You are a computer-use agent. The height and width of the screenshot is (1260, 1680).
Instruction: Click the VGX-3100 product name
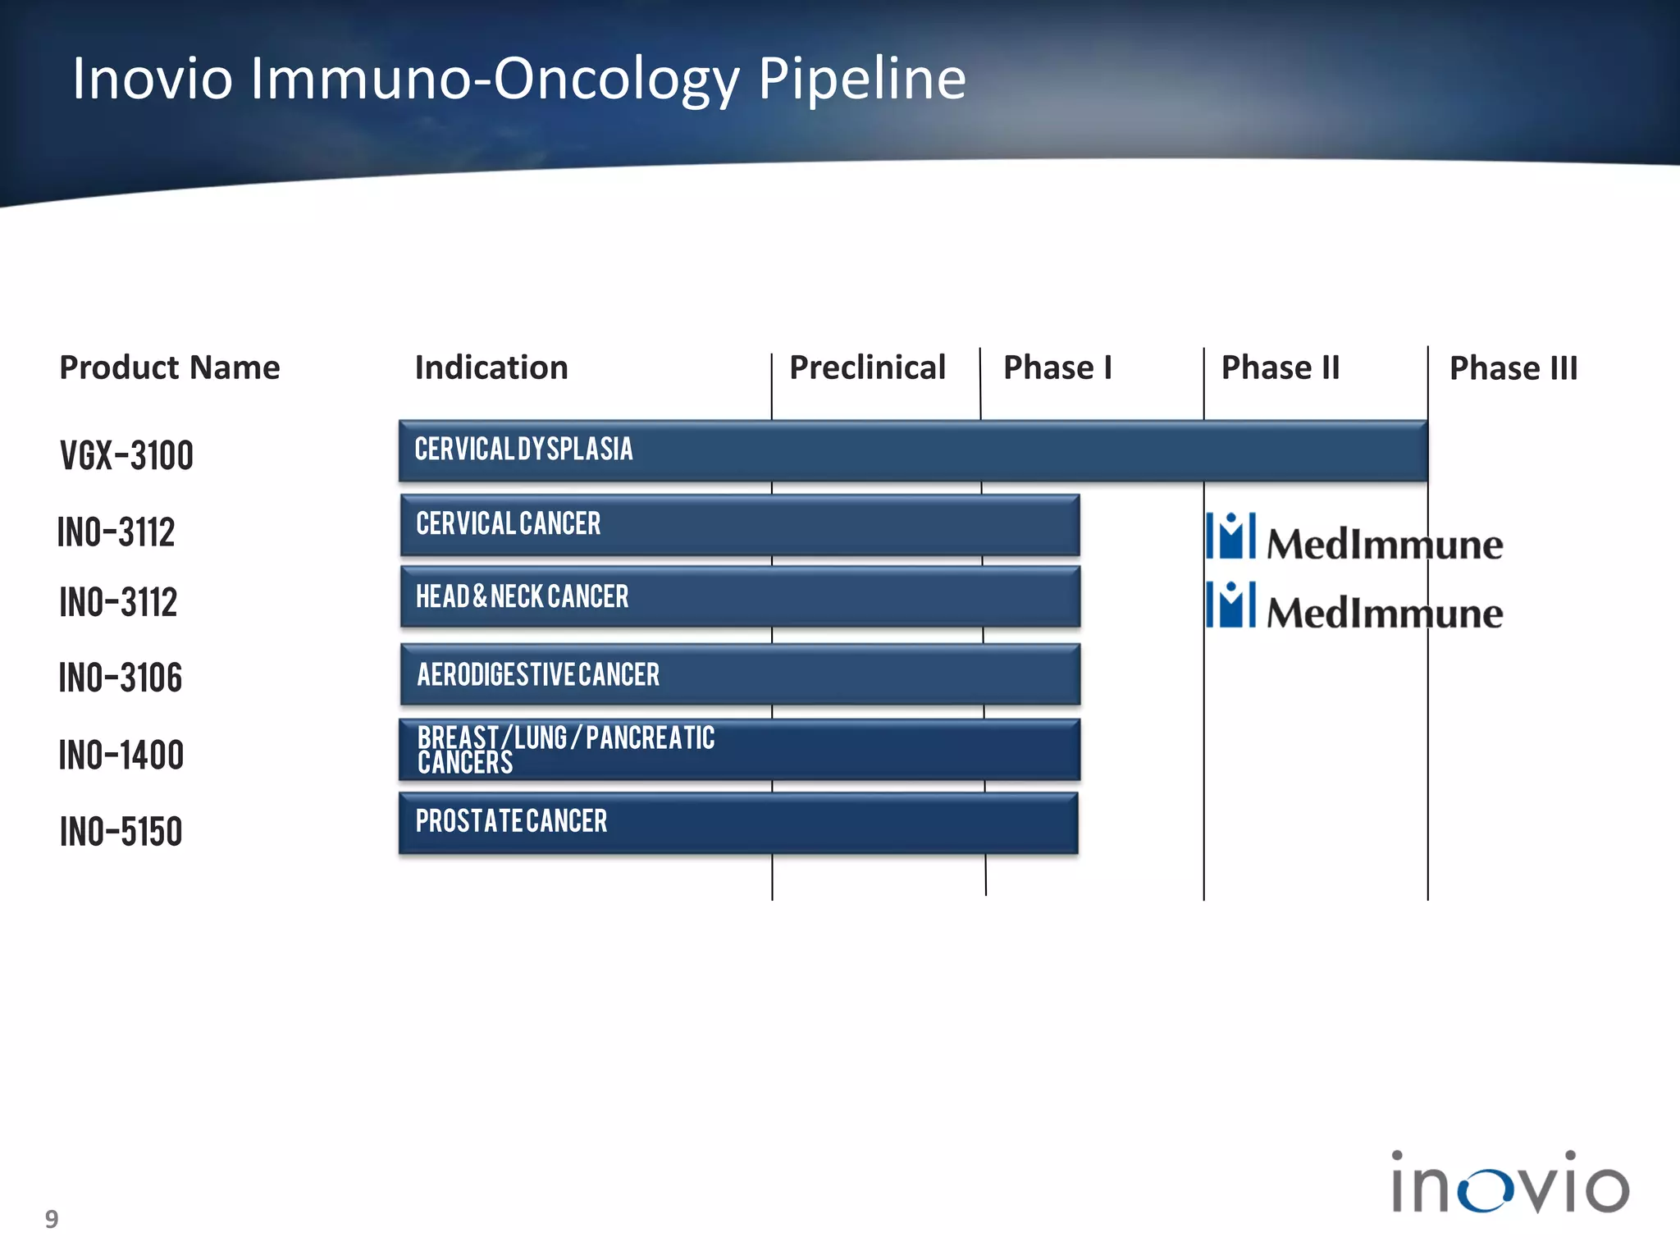[126, 455]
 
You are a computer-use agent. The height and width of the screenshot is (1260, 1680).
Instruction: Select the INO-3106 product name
[121, 678]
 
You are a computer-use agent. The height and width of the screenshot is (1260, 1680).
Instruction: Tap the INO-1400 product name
[121, 755]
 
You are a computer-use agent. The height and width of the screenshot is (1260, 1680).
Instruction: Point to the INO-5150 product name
[121, 831]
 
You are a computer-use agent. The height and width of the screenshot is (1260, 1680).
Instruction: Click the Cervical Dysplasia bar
[912, 450]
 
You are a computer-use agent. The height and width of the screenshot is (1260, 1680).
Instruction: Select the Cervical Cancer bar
[739, 524]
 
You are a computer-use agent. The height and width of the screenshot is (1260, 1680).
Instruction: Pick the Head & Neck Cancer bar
[739, 596]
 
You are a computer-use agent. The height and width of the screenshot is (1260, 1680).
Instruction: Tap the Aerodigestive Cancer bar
[739, 674]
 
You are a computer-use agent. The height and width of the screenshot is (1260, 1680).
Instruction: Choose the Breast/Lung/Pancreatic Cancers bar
[739, 750]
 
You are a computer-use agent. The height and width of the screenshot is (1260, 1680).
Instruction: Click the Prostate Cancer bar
[737, 822]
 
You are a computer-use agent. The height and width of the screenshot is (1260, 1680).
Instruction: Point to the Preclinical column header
[867, 367]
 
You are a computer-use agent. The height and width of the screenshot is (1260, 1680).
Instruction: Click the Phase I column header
[1057, 367]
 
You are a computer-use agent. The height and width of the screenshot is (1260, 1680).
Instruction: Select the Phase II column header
[1280, 367]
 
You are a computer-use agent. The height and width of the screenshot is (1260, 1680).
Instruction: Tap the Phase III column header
[1513, 368]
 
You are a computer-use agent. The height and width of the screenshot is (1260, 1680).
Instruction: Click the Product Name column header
[170, 367]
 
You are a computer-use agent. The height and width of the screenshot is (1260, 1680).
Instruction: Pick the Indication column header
[491, 367]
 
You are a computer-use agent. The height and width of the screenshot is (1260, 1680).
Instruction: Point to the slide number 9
[52, 1219]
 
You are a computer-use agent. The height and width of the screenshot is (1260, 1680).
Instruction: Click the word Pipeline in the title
[861, 79]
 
